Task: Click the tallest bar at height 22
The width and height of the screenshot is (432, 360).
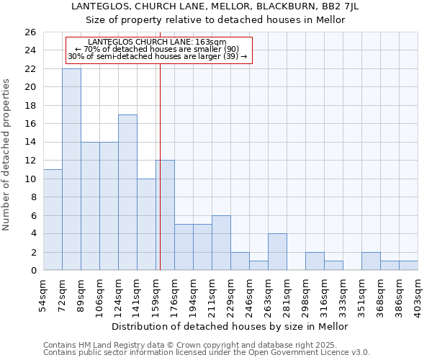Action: click(x=71, y=169)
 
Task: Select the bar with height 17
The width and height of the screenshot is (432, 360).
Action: click(x=127, y=192)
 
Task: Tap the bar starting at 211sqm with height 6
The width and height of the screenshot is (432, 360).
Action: click(x=221, y=243)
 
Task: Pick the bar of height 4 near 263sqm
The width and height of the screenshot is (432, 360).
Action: click(x=277, y=252)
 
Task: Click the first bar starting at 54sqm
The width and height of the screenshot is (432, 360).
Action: click(x=53, y=220)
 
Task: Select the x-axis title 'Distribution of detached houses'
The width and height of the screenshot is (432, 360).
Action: click(x=230, y=326)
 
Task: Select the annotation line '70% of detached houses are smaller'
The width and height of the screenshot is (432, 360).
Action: click(x=157, y=49)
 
